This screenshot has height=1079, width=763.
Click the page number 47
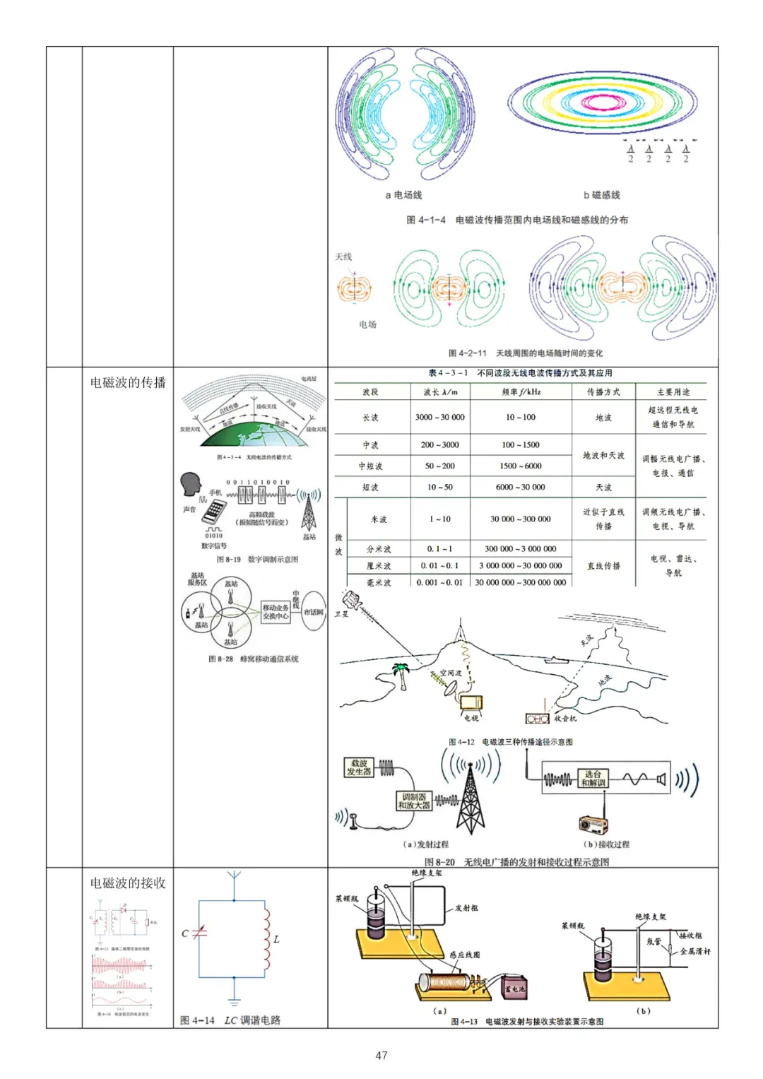(381, 1055)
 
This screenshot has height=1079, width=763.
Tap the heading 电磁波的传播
(128, 383)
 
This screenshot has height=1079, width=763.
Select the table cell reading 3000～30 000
(439, 418)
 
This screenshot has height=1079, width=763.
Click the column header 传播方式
(603, 391)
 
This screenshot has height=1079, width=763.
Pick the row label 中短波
(370, 466)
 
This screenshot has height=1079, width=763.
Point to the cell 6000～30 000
(520, 487)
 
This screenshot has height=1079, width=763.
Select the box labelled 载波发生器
(359, 767)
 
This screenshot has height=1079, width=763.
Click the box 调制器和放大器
(414, 801)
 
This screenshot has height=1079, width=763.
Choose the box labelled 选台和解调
(593, 778)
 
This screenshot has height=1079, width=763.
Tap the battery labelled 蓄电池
(514, 988)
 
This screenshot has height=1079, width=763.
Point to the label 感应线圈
(465, 955)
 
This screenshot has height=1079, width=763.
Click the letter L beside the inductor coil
(276, 939)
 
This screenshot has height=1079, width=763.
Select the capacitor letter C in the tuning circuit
(185, 933)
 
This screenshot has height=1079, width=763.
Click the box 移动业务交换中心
(276, 612)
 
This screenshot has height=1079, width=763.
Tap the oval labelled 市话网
(313, 612)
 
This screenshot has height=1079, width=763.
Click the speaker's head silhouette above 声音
(191, 485)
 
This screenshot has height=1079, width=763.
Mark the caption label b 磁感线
(601, 195)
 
